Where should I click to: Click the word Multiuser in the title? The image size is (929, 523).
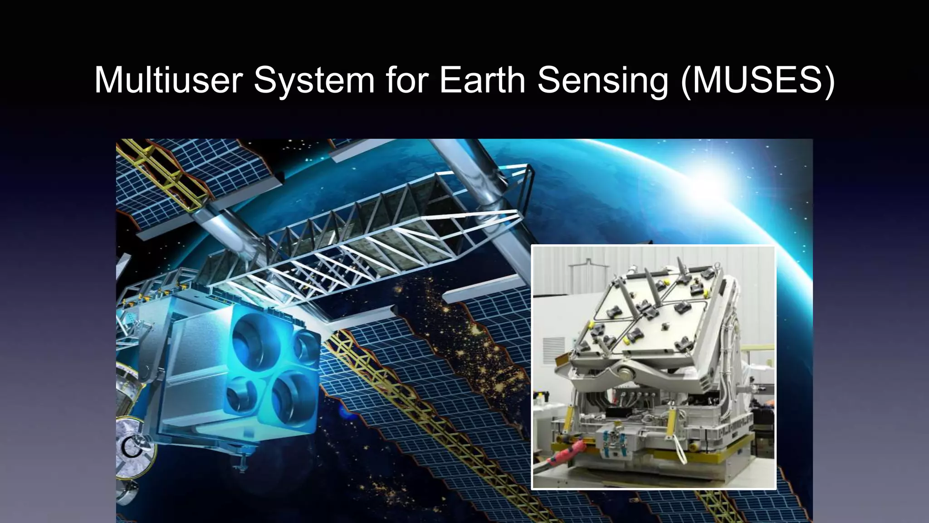(167, 80)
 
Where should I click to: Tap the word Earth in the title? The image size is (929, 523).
(482, 80)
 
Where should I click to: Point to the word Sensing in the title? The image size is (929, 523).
(602, 80)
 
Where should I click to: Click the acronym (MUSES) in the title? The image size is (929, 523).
(758, 80)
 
